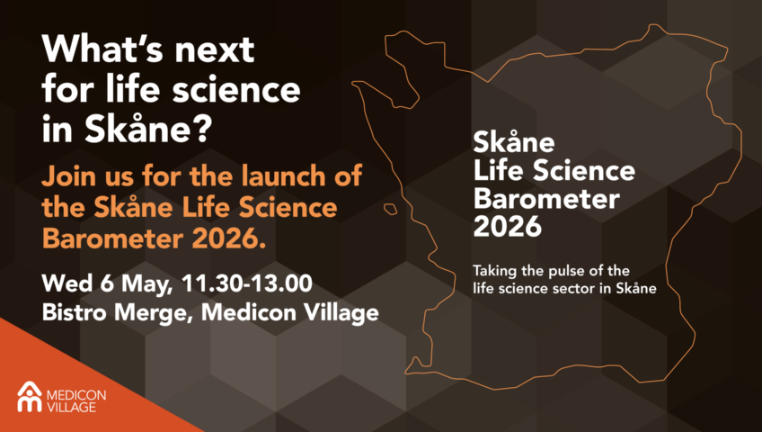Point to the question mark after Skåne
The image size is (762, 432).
click(x=204, y=128)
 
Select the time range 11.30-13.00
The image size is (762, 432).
click(x=247, y=283)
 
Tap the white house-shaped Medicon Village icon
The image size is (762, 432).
click(x=30, y=397)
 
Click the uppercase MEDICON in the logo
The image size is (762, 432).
click(x=76, y=394)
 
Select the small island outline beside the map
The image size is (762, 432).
click(x=390, y=209)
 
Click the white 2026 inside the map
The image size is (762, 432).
click(x=508, y=226)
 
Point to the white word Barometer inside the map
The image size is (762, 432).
click(x=546, y=199)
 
